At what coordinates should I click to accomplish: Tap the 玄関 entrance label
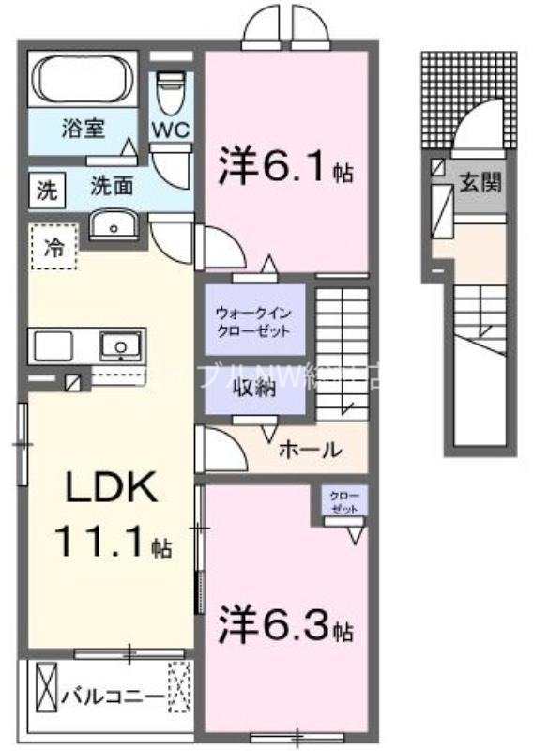[480, 184]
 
